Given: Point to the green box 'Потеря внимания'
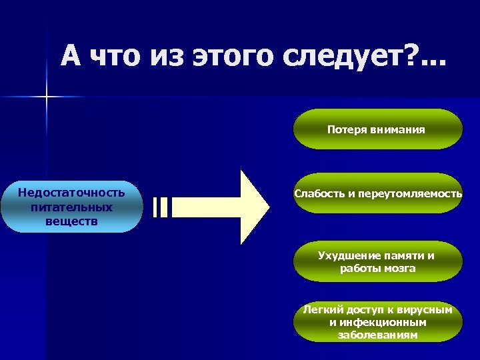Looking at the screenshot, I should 378,129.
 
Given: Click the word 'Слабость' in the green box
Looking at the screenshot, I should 317,193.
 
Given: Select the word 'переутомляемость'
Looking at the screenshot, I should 409,193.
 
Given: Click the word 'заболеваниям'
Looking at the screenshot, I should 378,335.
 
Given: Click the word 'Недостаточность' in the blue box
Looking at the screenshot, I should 71,193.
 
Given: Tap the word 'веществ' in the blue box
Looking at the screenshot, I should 71,220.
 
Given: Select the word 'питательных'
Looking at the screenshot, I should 71,207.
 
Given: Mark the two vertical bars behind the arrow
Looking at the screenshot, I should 161,207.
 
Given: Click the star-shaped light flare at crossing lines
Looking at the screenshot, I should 47,97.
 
